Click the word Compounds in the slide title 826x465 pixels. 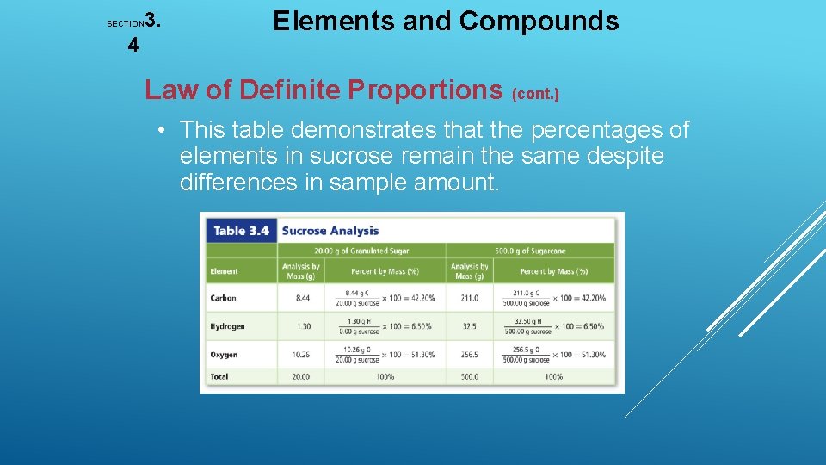coord(539,21)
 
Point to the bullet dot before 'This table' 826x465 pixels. coord(161,131)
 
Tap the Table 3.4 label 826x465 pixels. coord(241,230)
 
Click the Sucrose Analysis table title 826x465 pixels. coord(330,230)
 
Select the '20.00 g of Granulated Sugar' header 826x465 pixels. coord(361,251)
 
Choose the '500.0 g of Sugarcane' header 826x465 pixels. coord(530,251)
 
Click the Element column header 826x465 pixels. coord(224,271)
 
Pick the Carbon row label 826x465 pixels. coord(223,298)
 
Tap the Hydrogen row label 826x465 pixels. coord(227,326)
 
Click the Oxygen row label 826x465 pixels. coord(224,354)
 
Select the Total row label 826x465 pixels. coord(219,376)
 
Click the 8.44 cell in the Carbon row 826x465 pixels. coord(301,298)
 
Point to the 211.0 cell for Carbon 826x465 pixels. coord(469,298)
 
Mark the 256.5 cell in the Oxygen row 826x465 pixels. coord(469,354)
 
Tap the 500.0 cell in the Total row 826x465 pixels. coord(469,376)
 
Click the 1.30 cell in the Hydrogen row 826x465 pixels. coord(301,326)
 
